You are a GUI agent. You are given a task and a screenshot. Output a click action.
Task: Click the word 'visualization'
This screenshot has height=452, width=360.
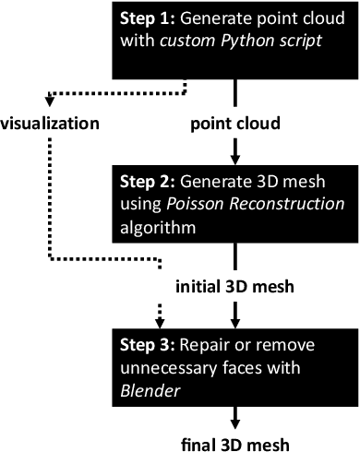tap(52, 121)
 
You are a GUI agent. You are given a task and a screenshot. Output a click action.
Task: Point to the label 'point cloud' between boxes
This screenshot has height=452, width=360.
tap(236, 121)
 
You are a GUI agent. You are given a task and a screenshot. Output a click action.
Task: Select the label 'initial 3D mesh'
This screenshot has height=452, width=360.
tap(236, 286)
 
